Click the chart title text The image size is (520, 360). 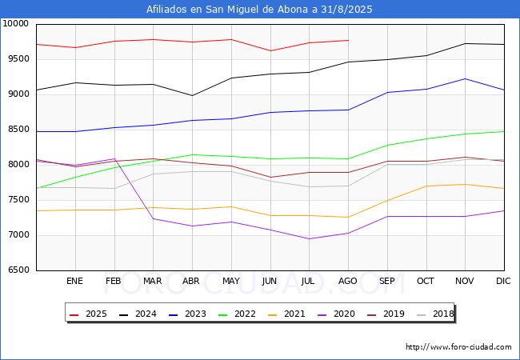pyautogui.click(x=259, y=10)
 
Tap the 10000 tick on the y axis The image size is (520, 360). pyautogui.click(x=16, y=24)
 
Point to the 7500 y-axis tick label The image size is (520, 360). pyautogui.click(x=18, y=200)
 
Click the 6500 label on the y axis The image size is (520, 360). pyautogui.click(x=18, y=270)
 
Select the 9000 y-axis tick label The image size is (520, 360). pyautogui.click(x=18, y=94)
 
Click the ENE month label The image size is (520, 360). pyautogui.click(x=74, y=282)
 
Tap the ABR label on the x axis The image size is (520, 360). pyautogui.click(x=191, y=282)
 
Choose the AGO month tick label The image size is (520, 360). pyautogui.click(x=347, y=282)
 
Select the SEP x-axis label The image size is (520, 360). pyautogui.click(x=386, y=282)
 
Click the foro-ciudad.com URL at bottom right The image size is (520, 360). pyautogui.click(x=458, y=347)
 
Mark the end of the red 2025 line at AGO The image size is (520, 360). pyautogui.click(x=348, y=40)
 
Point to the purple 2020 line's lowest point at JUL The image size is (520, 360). pyautogui.click(x=309, y=238)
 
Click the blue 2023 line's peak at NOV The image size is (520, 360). pyautogui.click(x=465, y=78)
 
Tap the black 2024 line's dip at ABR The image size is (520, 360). pyautogui.click(x=192, y=96)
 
